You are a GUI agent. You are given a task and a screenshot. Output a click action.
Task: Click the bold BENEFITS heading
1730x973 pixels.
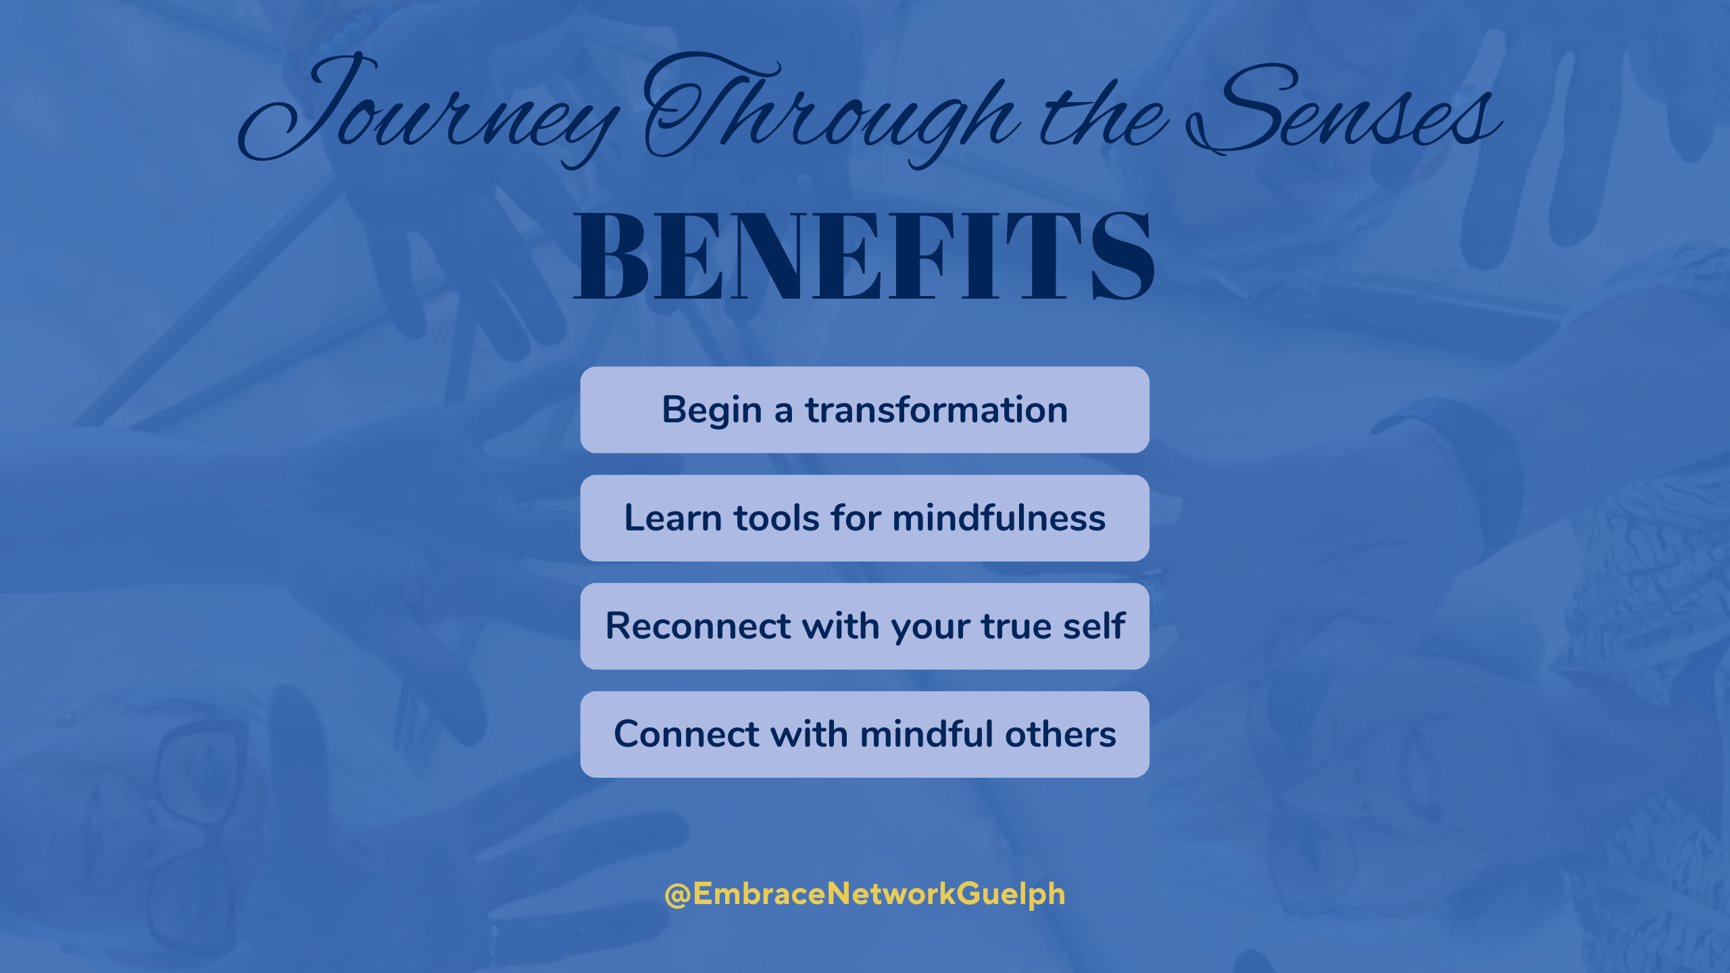point(864,255)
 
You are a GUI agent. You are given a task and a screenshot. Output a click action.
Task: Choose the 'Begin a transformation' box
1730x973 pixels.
point(864,409)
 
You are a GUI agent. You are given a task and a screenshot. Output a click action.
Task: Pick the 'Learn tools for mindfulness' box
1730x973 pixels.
point(864,518)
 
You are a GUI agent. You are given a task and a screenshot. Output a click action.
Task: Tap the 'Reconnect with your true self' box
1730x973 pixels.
point(864,626)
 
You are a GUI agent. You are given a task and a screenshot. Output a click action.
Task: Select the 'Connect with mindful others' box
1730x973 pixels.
point(864,734)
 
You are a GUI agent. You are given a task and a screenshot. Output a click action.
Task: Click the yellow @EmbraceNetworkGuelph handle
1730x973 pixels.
point(864,894)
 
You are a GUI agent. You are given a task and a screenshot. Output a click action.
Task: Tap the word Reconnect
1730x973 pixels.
point(697,626)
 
